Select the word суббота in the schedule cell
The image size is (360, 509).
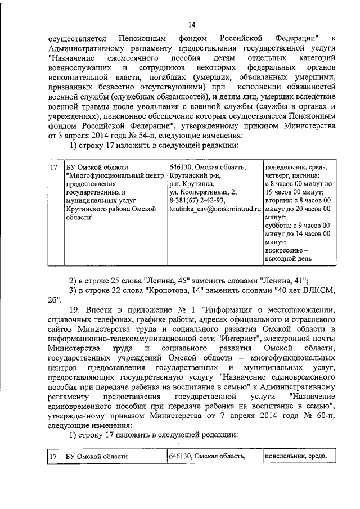coord(279,225)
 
